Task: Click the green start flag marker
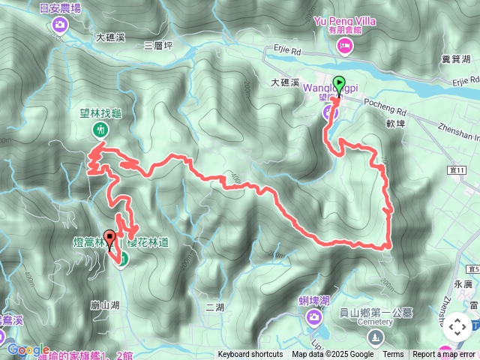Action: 338,85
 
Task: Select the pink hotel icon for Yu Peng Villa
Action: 345,48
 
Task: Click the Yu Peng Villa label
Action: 345,22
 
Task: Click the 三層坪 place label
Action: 158,46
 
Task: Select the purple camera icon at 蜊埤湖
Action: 313,318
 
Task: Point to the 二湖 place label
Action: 214,307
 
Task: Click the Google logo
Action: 28,349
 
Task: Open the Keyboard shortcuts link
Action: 250,355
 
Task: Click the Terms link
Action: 393,355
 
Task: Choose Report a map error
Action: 444,355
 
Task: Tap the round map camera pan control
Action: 457,326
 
